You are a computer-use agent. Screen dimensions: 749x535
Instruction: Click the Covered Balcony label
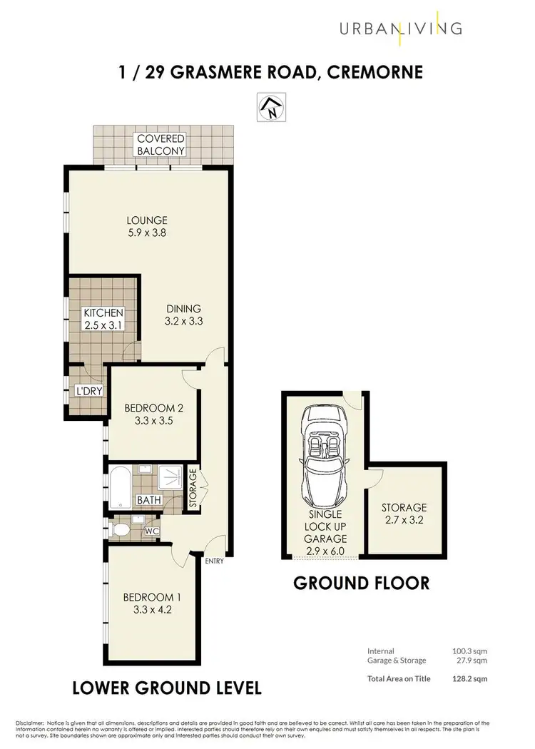point(161,144)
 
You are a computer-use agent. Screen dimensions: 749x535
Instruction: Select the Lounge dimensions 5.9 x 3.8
point(148,233)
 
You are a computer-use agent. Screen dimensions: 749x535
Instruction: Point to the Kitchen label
point(104,313)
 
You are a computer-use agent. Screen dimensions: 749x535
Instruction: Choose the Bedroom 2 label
point(153,408)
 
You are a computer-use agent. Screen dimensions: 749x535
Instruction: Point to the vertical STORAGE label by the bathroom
point(193,489)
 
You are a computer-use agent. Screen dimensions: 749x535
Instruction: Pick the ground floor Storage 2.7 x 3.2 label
point(404,513)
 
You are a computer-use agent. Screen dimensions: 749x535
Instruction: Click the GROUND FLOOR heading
point(362,583)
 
